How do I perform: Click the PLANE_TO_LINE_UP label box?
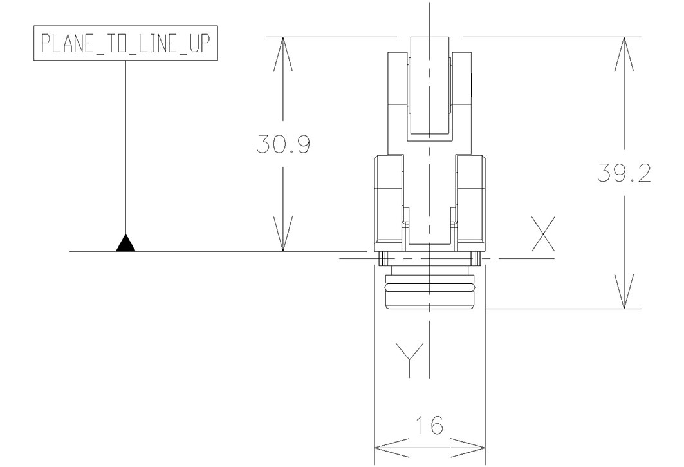(125, 45)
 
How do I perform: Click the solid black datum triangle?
(125, 243)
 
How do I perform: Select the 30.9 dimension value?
(283, 145)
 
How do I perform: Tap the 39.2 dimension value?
(622, 173)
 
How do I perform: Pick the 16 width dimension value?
(429, 425)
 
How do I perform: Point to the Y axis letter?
(409, 360)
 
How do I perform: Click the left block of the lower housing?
(389, 200)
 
